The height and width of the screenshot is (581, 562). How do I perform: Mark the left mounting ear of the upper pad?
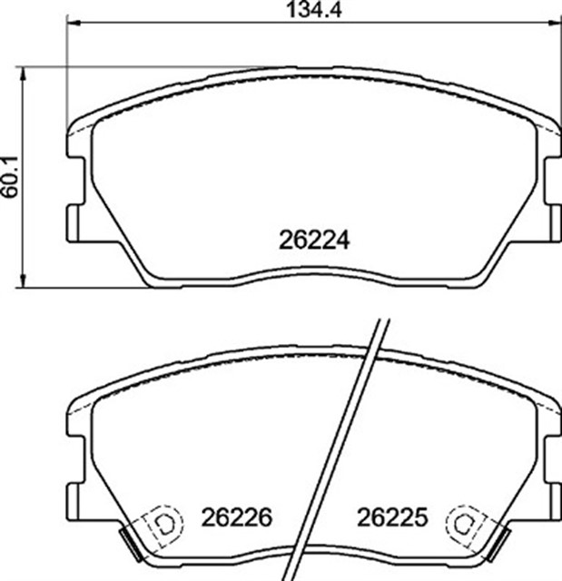click(x=74, y=222)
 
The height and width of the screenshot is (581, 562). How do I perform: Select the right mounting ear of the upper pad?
click(x=554, y=222)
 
